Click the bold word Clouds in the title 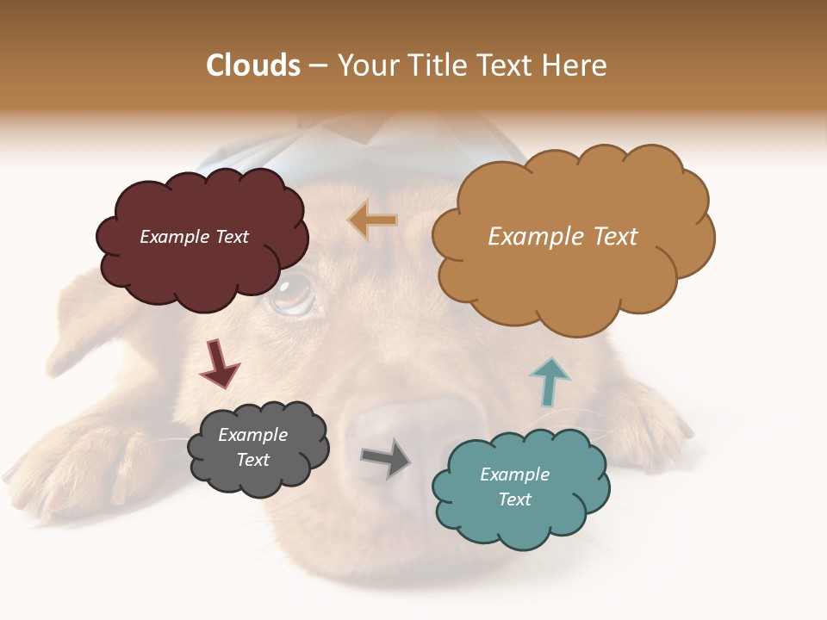click(x=253, y=65)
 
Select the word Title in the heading click(x=438, y=65)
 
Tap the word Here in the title click(x=576, y=65)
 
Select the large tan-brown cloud click(x=572, y=276)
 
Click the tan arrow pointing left click(x=373, y=220)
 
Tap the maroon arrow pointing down click(x=219, y=363)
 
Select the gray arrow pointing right click(x=386, y=457)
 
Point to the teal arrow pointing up click(x=549, y=381)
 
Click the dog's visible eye click(x=292, y=294)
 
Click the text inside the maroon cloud click(x=194, y=237)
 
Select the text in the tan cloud click(x=563, y=237)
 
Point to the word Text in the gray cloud click(x=253, y=460)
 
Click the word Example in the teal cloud click(x=514, y=474)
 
